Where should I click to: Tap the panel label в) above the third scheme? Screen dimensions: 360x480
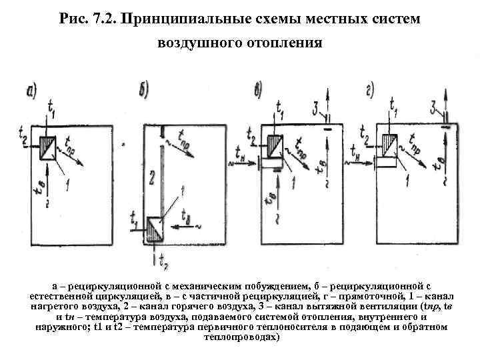coord(259,89)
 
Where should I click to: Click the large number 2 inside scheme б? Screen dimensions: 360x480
coord(152,177)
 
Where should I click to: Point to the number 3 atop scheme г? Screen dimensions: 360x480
coord(433,107)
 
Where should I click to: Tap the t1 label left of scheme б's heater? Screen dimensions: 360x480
coord(135,217)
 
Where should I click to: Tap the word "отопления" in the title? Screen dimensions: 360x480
coord(287,45)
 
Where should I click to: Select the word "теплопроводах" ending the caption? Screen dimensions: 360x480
coord(241,337)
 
